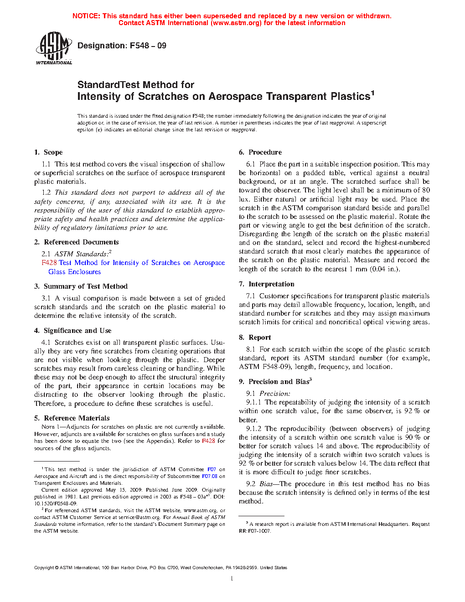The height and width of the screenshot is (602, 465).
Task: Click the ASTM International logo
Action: click(54, 48)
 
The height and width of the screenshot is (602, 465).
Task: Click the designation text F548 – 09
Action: click(122, 46)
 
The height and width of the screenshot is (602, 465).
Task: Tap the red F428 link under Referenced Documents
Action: click(49, 263)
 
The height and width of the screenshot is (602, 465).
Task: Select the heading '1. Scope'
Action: click(48, 152)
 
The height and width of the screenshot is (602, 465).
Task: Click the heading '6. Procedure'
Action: click(260, 152)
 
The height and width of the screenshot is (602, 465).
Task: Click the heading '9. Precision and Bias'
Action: click(275, 382)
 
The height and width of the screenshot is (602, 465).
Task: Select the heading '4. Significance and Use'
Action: click(73, 331)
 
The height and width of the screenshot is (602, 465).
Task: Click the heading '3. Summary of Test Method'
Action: click(81, 286)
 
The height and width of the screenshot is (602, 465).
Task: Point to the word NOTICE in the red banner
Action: click(86, 16)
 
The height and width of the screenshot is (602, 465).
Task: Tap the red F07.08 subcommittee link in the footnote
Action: click(210, 476)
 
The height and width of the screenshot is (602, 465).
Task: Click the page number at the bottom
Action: click(232, 579)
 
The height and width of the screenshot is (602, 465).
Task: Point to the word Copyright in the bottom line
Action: click(44, 568)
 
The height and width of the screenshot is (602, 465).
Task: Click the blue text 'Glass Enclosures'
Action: click(75, 272)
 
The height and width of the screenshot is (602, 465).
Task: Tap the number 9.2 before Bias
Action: click(251, 484)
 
